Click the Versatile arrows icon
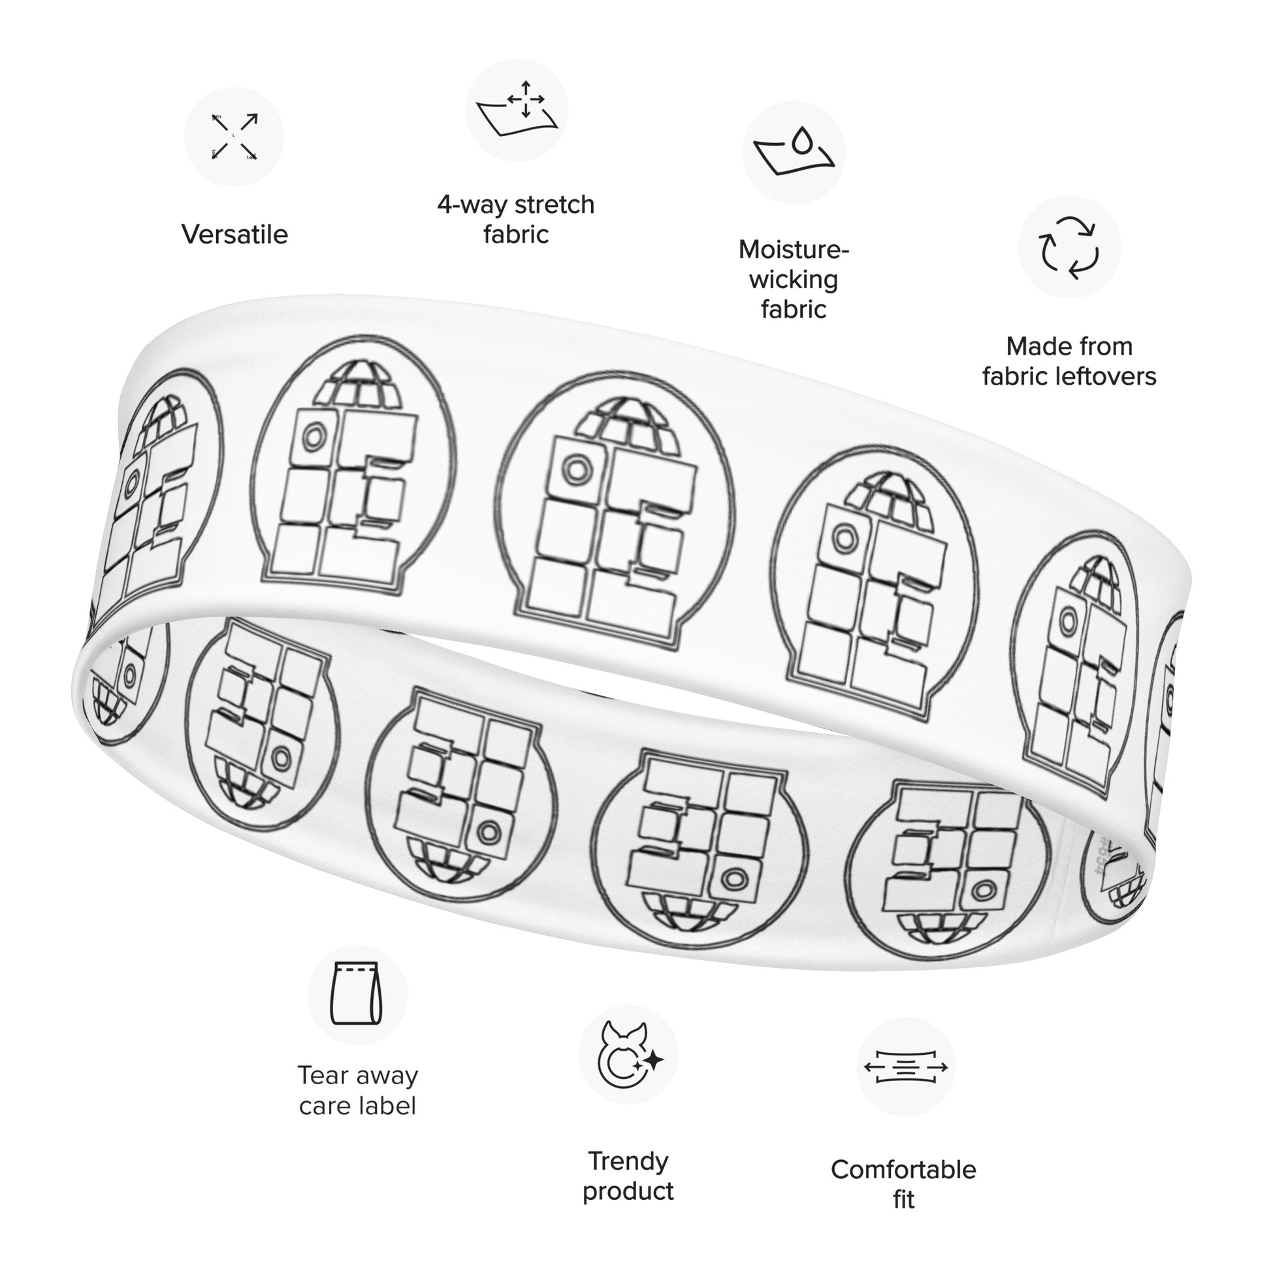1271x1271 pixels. point(234,137)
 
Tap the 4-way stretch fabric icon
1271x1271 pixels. point(517,109)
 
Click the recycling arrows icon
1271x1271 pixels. point(1069,248)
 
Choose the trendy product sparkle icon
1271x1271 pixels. point(628,1055)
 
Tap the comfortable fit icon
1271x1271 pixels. point(905,1067)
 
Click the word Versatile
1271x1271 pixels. point(235,235)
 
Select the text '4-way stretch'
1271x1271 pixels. point(516,205)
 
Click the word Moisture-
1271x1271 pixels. point(794,250)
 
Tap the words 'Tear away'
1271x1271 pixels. point(358,1076)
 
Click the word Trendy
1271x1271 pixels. point(628,1161)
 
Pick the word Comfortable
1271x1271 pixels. point(903,1170)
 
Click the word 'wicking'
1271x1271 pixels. point(794,280)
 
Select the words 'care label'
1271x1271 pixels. point(358,1106)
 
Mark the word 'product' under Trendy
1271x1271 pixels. point(628,1191)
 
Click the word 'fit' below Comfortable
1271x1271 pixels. point(904,1199)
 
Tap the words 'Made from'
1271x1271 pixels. point(1069,347)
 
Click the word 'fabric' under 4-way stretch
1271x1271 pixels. point(516,235)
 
